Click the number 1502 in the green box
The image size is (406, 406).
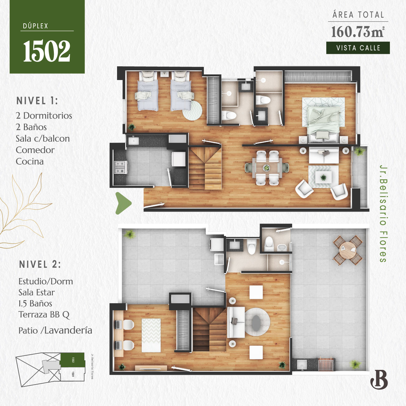47,51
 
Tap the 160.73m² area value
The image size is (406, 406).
357,32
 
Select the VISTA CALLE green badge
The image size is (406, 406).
358,48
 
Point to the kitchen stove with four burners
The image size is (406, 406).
120,167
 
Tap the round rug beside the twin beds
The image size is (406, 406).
192,110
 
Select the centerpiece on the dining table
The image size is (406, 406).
267,168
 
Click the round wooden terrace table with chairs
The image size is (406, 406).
348,250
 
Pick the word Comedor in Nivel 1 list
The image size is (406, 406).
35,150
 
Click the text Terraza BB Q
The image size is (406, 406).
44,315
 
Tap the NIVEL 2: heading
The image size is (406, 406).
40,265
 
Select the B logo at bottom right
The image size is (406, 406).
379,379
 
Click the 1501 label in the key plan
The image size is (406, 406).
73,374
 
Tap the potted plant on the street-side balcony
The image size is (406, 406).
360,152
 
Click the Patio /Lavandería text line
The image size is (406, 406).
55,331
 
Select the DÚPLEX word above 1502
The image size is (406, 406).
35,26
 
